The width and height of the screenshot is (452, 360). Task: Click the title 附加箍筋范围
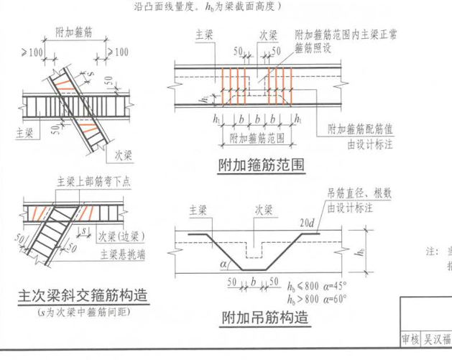point(262,166)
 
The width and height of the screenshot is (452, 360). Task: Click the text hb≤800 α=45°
point(316,287)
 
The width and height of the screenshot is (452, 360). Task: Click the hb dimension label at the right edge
point(360,251)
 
